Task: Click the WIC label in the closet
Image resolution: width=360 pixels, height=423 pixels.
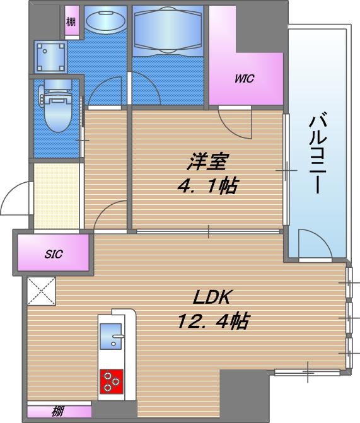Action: click(x=244, y=79)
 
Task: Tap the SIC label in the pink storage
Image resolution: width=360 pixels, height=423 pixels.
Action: click(x=53, y=255)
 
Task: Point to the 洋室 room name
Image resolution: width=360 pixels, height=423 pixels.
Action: click(x=206, y=163)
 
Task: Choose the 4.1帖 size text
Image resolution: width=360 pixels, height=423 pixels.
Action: click(x=206, y=187)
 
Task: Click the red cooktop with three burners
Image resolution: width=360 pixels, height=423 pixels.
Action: click(x=113, y=380)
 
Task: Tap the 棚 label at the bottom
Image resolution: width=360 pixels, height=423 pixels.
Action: click(x=58, y=413)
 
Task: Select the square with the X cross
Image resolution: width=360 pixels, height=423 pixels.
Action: click(x=42, y=292)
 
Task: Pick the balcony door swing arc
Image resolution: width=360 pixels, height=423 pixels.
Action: click(x=313, y=244)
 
